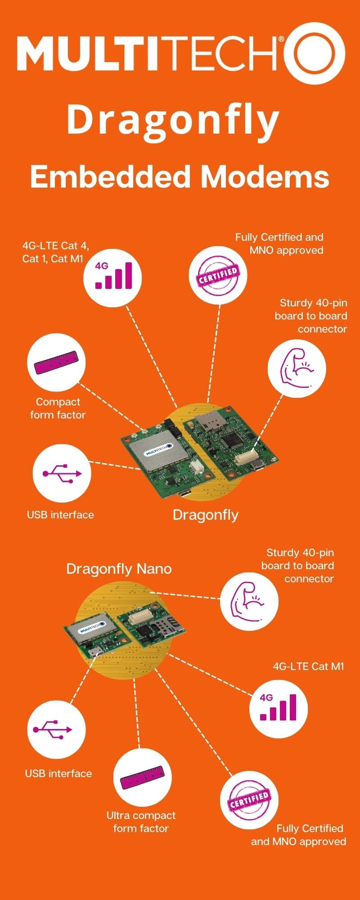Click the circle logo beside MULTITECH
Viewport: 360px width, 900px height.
pyautogui.click(x=315, y=53)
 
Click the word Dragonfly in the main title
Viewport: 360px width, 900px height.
pyautogui.click(x=173, y=120)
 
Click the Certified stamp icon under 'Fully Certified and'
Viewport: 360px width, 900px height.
pyautogui.click(x=218, y=275)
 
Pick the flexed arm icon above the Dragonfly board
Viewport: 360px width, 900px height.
pyautogui.click(x=297, y=368)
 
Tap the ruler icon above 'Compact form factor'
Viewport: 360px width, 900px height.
pyautogui.click(x=56, y=363)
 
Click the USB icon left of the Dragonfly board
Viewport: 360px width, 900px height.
pyautogui.click(x=62, y=473)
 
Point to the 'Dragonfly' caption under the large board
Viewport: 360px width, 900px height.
pyautogui.click(x=206, y=515)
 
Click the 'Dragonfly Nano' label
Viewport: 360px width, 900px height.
pyautogui.click(x=119, y=569)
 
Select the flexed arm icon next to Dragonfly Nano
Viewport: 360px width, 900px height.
pyautogui.click(x=249, y=601)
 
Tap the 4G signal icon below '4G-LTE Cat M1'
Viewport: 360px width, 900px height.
pyautogui.click(x=279, y=709)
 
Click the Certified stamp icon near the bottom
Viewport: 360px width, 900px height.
pyautogui.click(x=249, y=800)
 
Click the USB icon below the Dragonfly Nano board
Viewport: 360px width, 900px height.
pyautogui.click(x=56, y=729)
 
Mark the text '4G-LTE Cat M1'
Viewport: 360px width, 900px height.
pyautogui.click(x=308, y=666)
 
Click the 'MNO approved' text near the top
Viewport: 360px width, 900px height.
pyautogui.click(x=286, y=250)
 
